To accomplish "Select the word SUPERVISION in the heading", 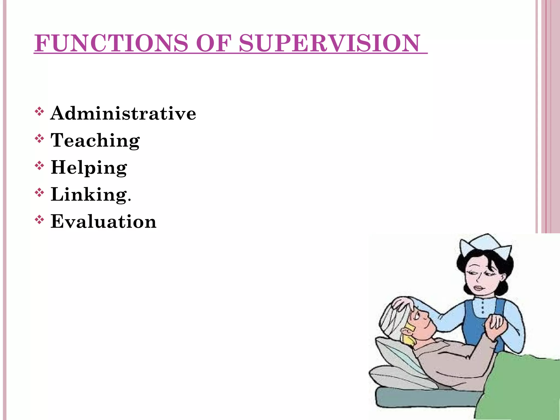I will click(329, 43).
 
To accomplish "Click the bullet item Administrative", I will click(123, 113).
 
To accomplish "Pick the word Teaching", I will click(95, 140).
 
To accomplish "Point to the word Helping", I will click(89, 167).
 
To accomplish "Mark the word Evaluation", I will click(103, 221).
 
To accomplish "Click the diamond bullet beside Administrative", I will click(39, 112).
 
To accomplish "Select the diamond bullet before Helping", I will click(39, 166).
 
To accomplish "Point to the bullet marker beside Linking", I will click(39, 193).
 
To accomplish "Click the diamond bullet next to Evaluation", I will click(39, 220).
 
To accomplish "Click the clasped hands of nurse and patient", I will click(497, 325).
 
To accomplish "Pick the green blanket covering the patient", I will click(520, 388).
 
